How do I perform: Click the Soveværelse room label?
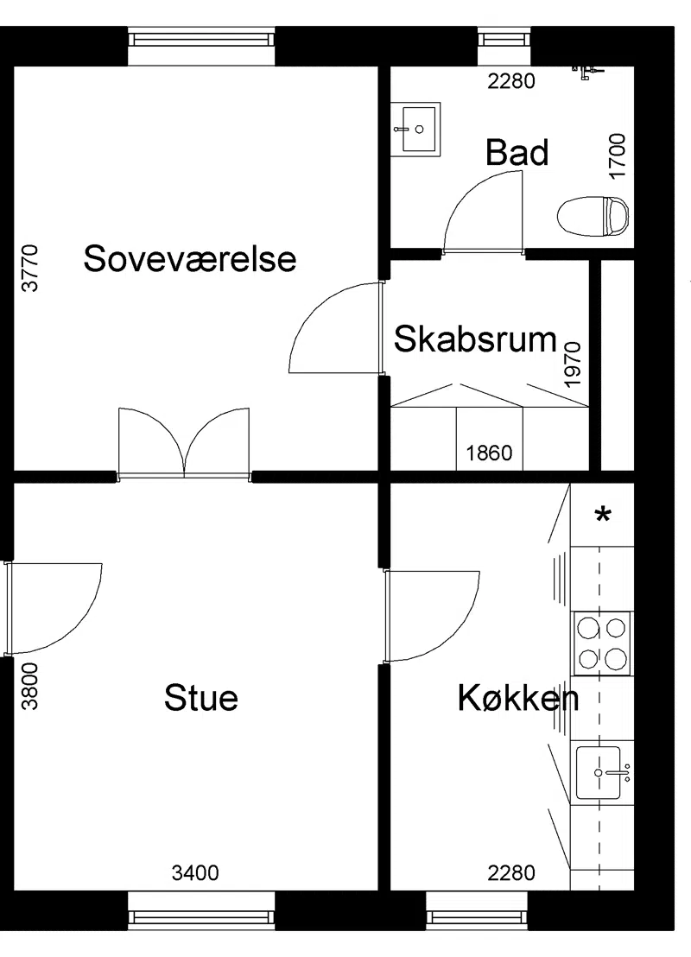pos(190,259)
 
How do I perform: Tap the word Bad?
pos(517,153)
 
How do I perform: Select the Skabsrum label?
pos(476,339)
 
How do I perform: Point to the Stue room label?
pos(201,698)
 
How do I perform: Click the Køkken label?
pos(518,698)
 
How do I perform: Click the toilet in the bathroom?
pos(593,216)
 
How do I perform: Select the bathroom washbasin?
pos(415,129)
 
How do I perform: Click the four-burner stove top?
pos(601,643)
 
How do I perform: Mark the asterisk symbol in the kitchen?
pos(603,516)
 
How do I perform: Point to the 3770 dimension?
pos(30,268)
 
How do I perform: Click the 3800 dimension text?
pos(30,687)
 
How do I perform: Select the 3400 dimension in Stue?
pos(195,873)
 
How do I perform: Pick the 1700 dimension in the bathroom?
pos(618,155)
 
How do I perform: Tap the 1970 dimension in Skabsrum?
pos(573,364)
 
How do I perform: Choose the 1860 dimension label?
pos(489,453)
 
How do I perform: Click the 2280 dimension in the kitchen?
pos(511,873)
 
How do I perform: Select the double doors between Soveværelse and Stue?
pos(184,442)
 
